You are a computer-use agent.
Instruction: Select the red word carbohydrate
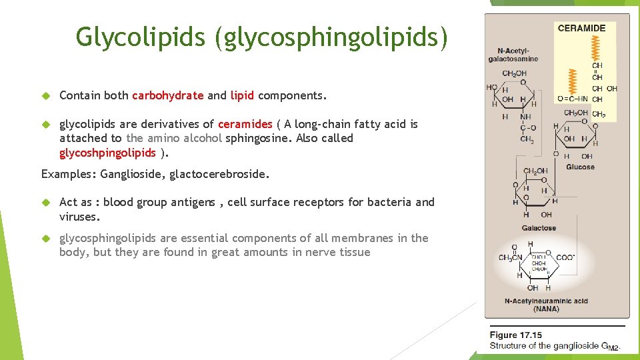[167, 95]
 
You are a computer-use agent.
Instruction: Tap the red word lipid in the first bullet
[242, 95]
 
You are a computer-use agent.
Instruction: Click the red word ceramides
[245, 124]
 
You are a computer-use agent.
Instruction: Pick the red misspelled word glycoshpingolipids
[107, 153]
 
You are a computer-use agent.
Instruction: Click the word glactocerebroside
[219, 175]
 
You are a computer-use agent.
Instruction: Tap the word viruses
[79, 217]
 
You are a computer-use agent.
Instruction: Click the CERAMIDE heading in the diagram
[581, 28]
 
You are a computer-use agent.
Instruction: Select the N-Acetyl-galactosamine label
[513, 55]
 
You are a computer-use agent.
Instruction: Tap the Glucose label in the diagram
[580, 167]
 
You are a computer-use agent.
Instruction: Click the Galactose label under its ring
[539, 228]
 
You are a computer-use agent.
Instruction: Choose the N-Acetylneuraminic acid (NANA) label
[546, 305]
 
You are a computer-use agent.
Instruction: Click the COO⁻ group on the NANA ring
[565, 258]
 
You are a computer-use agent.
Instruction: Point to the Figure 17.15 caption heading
[515, 335]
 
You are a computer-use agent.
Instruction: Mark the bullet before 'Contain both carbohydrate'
[46, 96]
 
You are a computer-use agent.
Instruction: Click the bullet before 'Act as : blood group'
[46, 203]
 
